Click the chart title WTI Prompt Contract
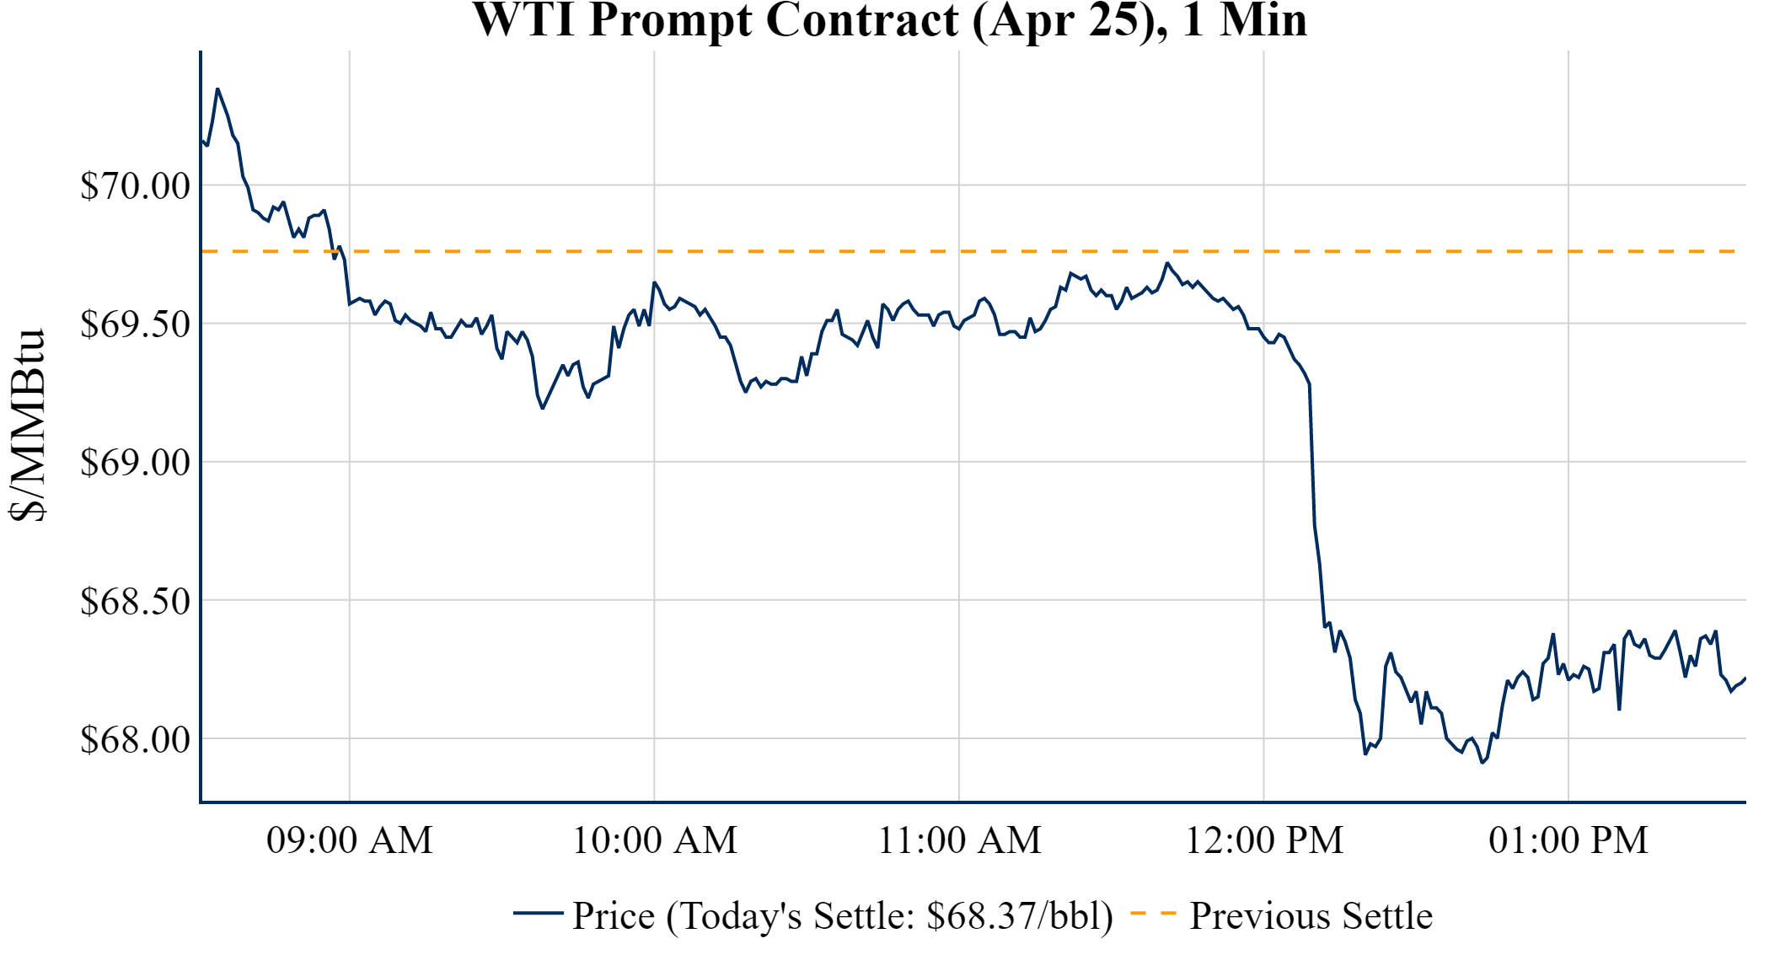889,20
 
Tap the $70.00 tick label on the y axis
135,185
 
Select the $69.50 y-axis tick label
135,324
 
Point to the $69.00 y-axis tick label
135,462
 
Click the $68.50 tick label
135,601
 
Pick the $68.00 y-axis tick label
135,739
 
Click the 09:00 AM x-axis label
350,840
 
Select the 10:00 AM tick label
655,840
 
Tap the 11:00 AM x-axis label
959,840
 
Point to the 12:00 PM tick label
1264,840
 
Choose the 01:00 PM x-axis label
1568,840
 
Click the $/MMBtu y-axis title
27,426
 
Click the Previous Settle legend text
1311,916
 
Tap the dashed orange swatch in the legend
1153,914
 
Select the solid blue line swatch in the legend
538,913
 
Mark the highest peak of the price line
217,89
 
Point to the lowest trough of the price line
1482,763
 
